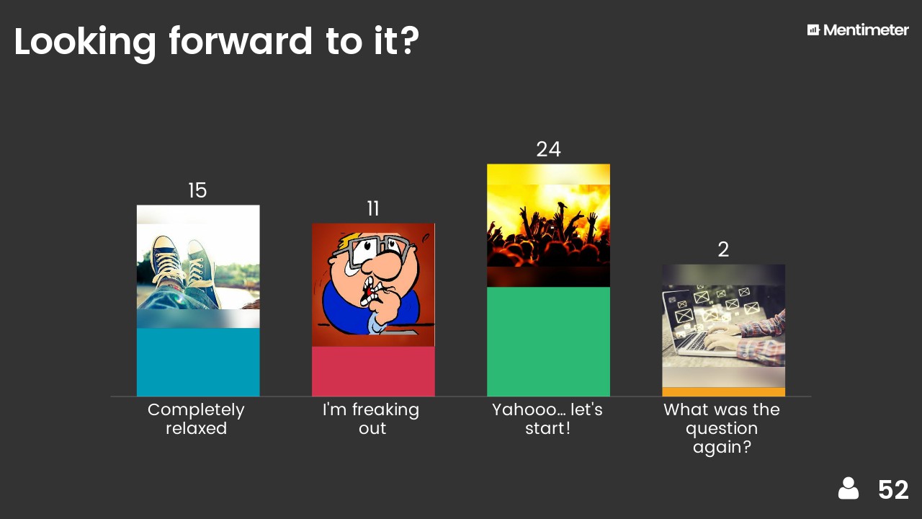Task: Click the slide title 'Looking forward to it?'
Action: pos(217,43)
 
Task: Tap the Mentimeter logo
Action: pos(858,30)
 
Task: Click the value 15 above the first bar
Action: pos(197,190)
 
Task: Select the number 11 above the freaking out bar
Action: pos(373,208)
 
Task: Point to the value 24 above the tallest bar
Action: pos(548,149)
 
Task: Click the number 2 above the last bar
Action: pos(723,249)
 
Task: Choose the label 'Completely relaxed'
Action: pos(197,419)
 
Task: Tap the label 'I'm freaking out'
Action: pos(371,419)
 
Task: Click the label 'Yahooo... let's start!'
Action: pos(547,419)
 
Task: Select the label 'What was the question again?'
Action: pos(722,428)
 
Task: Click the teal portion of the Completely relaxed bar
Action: pos(198,362)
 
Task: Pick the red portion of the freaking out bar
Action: pos(373,371)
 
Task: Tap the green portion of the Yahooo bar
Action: pos(548,342)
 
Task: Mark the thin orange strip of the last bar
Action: pos(723,391)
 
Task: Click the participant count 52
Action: pos(892,489)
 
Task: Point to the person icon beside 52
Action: pos(849,489)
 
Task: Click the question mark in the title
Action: pos(409,40)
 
